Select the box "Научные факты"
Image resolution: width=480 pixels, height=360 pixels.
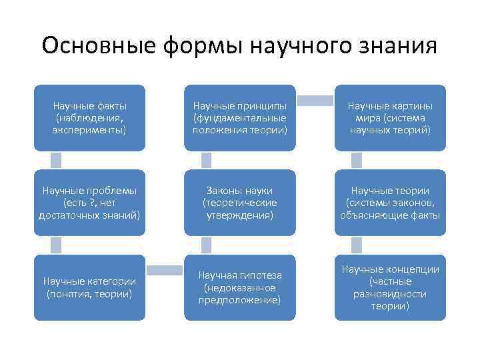pos(90,117)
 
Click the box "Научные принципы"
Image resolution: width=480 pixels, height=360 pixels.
pos(240,117)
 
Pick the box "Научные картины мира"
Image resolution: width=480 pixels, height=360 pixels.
pos(390,117)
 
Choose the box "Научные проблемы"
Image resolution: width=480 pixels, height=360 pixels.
pos(90,202)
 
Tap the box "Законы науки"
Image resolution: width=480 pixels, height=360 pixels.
pos(240,202)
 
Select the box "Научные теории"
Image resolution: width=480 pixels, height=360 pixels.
pos(390,202)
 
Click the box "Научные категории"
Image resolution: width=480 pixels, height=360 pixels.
pos(90,287)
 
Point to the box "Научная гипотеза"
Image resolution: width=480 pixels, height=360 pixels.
pos(240,287)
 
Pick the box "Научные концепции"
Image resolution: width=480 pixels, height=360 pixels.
pos(390,287)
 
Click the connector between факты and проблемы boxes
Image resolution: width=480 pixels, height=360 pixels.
pos(56,160)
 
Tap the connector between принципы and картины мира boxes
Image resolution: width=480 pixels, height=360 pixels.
pos(315,101)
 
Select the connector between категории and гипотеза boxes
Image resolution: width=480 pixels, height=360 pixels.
pos(165,270)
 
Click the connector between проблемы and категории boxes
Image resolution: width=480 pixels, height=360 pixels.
pos(56,245)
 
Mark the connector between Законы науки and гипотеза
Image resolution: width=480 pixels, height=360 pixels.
pos(206,245)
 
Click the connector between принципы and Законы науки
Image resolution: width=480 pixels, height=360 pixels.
pos(206,160)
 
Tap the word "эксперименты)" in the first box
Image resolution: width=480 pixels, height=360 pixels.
pos(90,129)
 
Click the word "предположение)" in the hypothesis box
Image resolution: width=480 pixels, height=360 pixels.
pos(240,299)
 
